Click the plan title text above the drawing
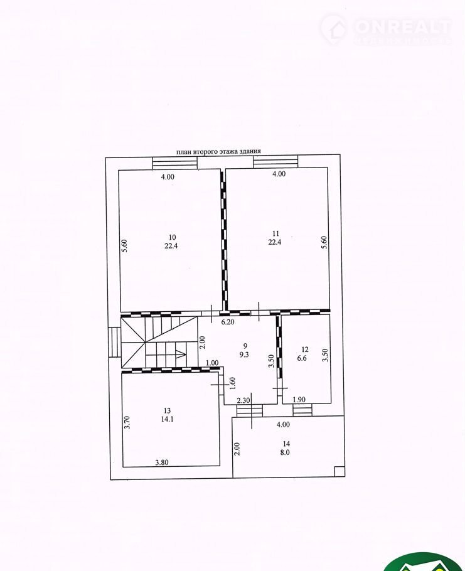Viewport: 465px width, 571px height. pyautogui.click(x=218, y=151)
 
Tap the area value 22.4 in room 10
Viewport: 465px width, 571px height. pyautogui.click(x=171, y=246)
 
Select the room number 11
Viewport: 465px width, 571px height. pyautogui.click(x=275, y=233)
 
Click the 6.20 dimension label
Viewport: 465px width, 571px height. pyautogui.click(x=228, y=322)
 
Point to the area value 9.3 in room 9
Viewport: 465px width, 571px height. pyautogui.click(x=244, y=355)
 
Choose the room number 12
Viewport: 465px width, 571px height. pyautogui.click(x=305, y=350)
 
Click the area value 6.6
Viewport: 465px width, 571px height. pyautogui.click(x=302, y=358)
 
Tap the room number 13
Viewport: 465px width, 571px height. pyautogui.click(x=167, y=411)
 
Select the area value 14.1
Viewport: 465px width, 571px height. pyautogui.click(x=167, y=419)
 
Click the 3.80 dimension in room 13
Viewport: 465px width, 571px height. pyautogui.click(x=162, y=462)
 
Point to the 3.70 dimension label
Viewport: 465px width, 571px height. pyautogui.click(x=127, y=422)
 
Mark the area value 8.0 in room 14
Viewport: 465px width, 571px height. pyautogui.click(x=285, y=452)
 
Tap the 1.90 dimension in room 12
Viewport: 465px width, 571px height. pyautogui.click(x=299, y=400)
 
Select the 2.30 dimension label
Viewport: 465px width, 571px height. pyautogui.click(x=243, y=400)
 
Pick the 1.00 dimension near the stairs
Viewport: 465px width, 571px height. pyautogui.click(x=212, y=363)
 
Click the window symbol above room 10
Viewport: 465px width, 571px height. pyautogui.click(x=175, y=163)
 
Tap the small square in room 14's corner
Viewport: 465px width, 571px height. pyautogui.click(x=339, y=471)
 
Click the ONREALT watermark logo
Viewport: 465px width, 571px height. pyautogui.click(x=385, y=29)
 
